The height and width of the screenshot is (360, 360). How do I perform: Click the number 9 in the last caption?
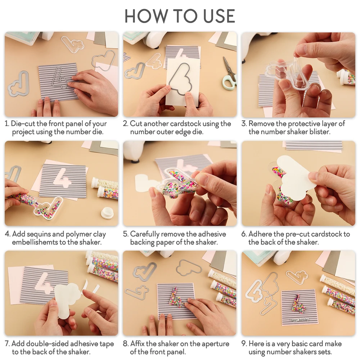click(244, 344)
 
